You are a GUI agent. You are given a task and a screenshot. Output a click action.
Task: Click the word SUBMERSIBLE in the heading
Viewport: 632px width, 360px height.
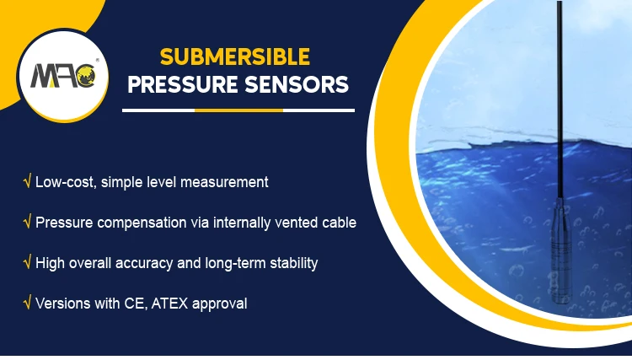pos(235,57)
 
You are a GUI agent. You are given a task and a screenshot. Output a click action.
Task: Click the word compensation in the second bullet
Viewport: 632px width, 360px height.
pos(142,223)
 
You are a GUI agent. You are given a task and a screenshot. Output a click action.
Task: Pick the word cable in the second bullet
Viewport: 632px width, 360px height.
pos(337,223)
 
